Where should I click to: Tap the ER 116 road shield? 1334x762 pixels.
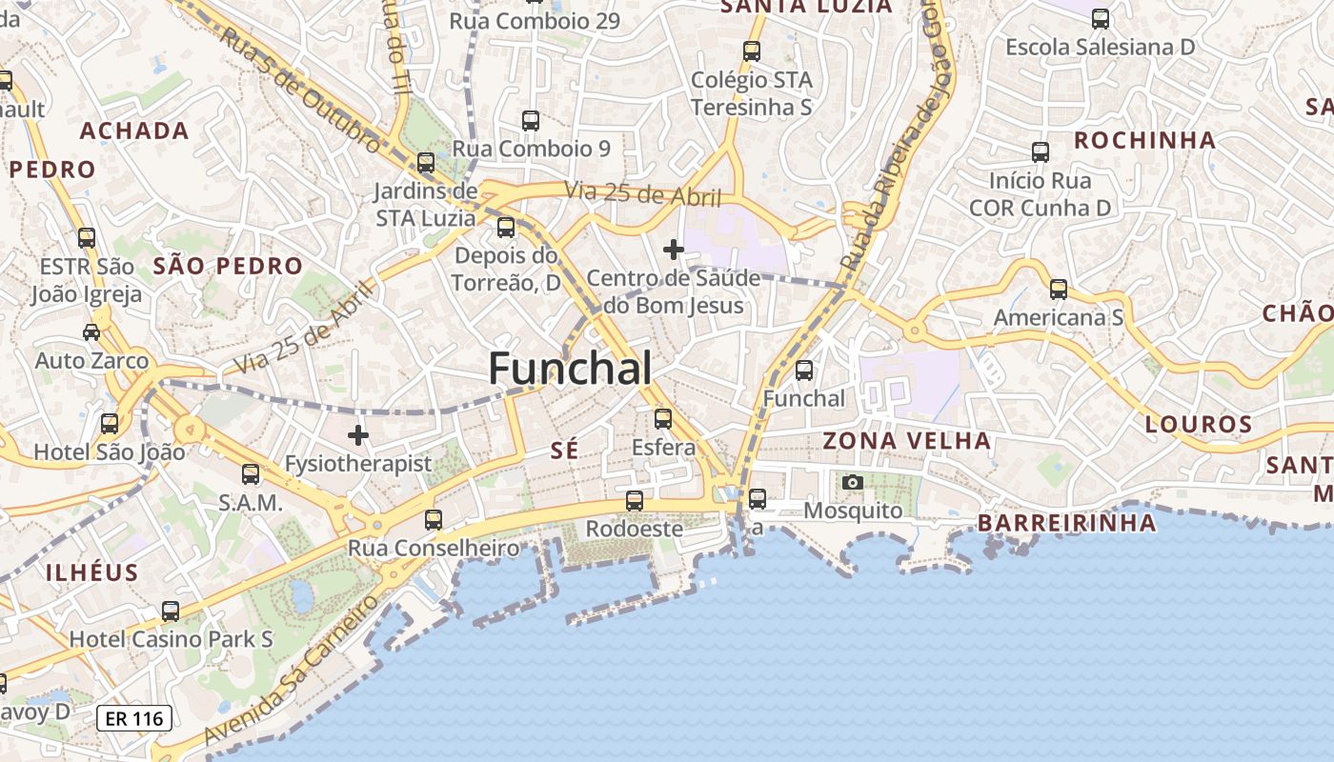point(134,718)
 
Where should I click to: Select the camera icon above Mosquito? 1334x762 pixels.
point(853,482)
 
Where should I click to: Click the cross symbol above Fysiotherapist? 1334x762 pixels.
point(358,435)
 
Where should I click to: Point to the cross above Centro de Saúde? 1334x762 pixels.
point(674,250)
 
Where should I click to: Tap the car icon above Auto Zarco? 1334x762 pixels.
point(91,332)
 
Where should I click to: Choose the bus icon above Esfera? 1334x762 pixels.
point(663,418)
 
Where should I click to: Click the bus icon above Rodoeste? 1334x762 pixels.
point(635,500)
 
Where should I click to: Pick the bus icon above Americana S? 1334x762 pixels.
point(1059,290)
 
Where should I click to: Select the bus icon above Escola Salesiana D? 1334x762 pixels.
point(1101,18)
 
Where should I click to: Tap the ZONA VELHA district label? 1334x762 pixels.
point(906,441)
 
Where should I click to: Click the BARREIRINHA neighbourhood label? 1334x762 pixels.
point(1066,523)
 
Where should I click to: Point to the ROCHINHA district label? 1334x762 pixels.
point(1144,141)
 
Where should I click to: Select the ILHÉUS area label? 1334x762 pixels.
point(92,572)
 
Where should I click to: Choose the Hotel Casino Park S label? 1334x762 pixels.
point(172,639)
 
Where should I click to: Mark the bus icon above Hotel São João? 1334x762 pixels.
point(110,424)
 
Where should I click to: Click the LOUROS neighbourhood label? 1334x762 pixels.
point(1199,424)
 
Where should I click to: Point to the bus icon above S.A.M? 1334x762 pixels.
point(251,473)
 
